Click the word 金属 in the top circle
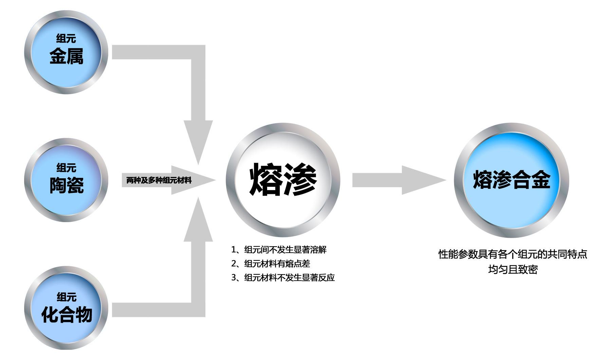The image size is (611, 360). [x=66, y=56]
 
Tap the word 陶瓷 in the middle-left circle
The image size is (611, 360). [x=67, y=185]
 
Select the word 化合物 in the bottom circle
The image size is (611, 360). [x=67, y=314]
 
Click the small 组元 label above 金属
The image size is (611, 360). [x=66, y=39]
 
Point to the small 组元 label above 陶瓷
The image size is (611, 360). [x=67, y=168]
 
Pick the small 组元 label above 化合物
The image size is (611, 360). [x=67, y=297]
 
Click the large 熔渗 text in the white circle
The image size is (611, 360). [x=283, y=180]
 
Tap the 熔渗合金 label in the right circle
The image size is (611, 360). [x=511, y=180]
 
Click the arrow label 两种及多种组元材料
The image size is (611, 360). [x=159, y=180]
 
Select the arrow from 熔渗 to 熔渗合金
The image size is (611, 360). [x=397, y=180]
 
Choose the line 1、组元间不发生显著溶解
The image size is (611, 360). [x=279, y=250]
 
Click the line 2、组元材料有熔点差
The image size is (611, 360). [x=271, y=264]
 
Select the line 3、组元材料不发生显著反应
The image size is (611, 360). [x=283, y=278]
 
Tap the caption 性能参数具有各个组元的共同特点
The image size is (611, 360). [x=513, y=254]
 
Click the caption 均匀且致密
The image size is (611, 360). [x=513, y=270]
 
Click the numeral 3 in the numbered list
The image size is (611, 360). [x=234, y=278]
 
